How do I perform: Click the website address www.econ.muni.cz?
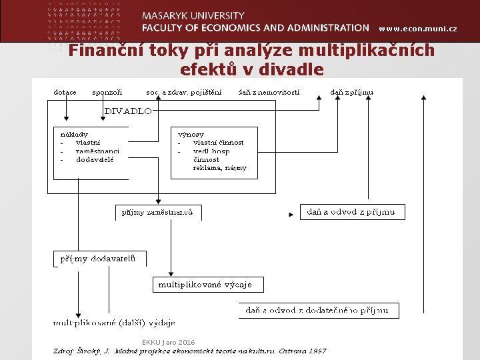417,29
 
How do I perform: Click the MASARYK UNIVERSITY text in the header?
193,15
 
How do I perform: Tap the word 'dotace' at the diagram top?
65,92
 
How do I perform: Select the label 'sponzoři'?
107,92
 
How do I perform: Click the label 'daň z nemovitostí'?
269,92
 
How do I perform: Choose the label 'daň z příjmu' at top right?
352,92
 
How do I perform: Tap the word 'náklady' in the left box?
74,134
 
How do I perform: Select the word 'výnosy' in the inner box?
191,134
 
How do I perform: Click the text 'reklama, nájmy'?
220,168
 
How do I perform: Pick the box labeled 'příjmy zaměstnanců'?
158,213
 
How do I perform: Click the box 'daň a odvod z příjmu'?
351,212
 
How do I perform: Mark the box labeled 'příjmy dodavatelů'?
99,259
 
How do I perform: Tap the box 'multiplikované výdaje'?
205,285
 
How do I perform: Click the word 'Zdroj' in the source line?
64,351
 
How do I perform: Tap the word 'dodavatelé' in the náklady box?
95,159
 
